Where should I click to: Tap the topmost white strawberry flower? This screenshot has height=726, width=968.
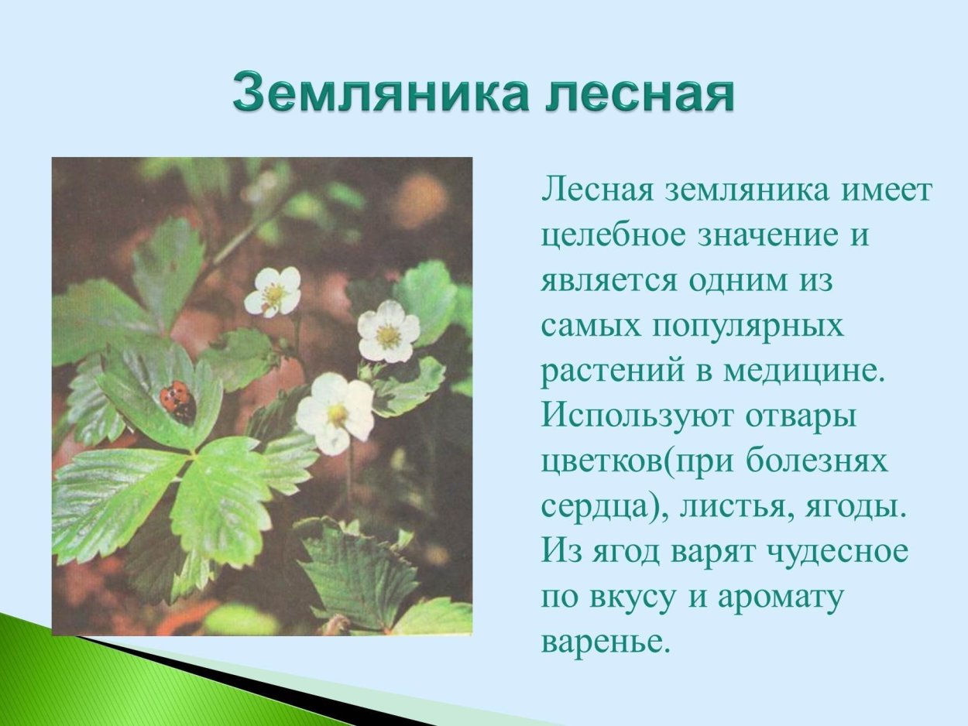click(273, 291)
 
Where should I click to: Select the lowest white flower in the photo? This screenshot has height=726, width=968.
click(335, 413)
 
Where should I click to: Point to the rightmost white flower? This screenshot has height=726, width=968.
click(388, 331)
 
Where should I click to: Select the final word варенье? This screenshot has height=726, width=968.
click(604, 642)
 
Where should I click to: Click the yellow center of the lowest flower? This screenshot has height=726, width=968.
click(338, 414)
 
